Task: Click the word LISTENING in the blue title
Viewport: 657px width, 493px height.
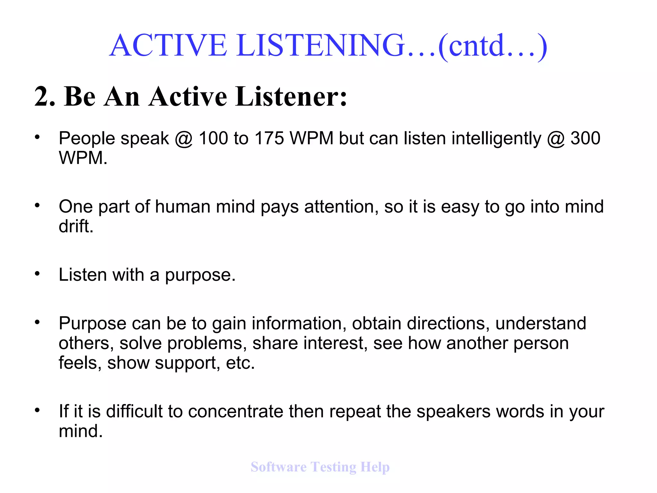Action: click(321, 45)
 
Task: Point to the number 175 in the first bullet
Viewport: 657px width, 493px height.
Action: click(269, 139)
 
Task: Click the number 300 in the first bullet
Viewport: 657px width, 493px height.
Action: click(585, 139)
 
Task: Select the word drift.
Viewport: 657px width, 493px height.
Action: click(76, 226)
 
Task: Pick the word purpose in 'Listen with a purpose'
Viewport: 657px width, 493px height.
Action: click(200, 276)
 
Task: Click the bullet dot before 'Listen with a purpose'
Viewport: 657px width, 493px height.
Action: click(38, 273)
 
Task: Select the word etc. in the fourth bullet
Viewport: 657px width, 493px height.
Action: click(240, 363)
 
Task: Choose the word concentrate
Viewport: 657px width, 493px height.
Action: click(235, 411)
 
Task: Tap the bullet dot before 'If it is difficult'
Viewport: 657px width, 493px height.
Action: click(38, 410)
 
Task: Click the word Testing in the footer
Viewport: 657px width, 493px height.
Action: click(333, 467)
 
